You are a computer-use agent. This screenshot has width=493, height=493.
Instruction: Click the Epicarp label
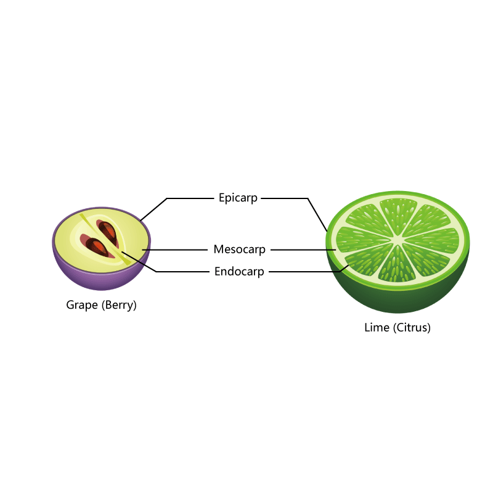[238, 198]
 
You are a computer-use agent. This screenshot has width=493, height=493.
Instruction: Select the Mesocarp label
[239, 250]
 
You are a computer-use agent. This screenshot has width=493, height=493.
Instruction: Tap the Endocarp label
[239, 272]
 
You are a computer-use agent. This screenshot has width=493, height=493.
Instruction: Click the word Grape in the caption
[82, 305]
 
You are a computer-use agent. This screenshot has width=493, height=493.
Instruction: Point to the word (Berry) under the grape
[119, 305]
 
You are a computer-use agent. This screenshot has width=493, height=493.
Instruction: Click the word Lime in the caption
[377, 328]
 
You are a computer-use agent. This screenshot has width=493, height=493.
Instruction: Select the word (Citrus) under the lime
[412, 328]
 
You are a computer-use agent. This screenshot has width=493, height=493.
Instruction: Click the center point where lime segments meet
[397, 240]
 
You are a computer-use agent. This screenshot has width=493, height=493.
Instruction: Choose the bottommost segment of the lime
[397, 265]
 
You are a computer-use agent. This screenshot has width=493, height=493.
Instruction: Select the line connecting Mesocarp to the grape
[175, 250]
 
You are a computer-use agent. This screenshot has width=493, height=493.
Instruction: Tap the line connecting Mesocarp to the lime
[303, 250]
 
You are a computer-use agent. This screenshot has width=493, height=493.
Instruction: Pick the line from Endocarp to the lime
[309, 272]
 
